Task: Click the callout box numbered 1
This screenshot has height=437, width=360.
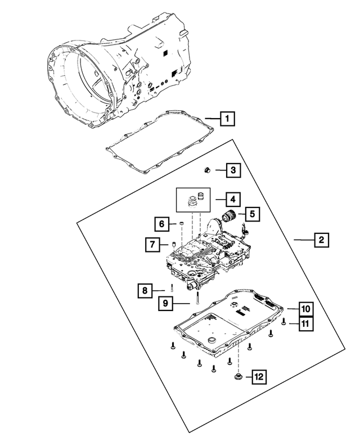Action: (x=227, y=119)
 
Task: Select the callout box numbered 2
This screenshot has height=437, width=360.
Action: (x=321, y=240)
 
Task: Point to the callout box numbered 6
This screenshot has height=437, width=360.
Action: (x=161, y=224)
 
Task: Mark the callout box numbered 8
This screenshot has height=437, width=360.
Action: (x=145, y=291)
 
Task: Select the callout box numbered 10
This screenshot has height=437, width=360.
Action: (x=305, y=309)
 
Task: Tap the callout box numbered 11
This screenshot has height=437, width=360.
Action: (x=305, y=323)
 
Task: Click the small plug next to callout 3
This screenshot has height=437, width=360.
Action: (x=207, y=169)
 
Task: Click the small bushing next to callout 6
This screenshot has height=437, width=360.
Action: (x=182, y=226)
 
